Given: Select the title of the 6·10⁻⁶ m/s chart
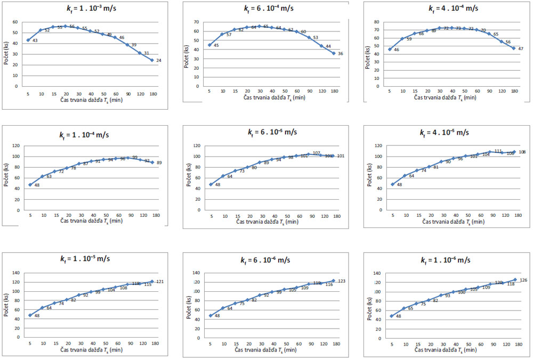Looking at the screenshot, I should [265, 260].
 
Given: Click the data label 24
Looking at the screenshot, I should [158, 60].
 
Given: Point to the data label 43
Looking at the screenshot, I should [35, 40].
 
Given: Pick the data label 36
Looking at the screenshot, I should [340, 53].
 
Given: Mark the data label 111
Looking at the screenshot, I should [498, 151].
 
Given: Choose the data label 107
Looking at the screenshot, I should [316, 153].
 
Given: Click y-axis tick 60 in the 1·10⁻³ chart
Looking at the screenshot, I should [15, 22].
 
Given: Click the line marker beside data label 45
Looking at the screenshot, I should [209, 45].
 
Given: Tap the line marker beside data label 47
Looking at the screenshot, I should [514, 48].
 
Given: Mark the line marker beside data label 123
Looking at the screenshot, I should [334, 281].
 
